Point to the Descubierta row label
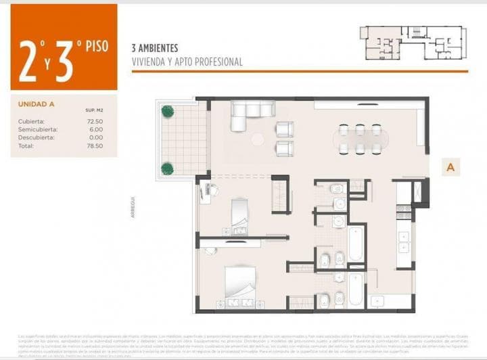(x=38, y=137)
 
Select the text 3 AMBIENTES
(x=155, y=49)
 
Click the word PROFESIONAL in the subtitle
(x=218, y=62)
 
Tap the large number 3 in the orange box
(x=65, y=61)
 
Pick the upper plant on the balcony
(x=166, y=110)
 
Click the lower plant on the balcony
(x=166, y=167)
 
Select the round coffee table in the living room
(x=258, y=139)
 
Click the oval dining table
(x=360, y=139)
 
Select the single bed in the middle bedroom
(x=240, y=216)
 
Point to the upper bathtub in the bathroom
(x=356, y=243)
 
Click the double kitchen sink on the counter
(x=404, y=240)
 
